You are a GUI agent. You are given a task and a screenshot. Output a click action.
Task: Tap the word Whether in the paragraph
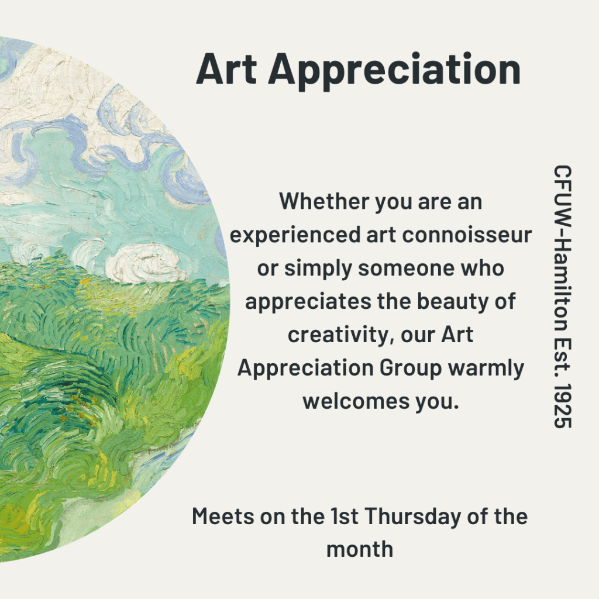[324, 201]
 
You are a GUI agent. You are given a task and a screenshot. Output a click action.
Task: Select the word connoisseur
[467, 234]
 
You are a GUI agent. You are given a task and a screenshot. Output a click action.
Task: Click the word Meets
[223, 517]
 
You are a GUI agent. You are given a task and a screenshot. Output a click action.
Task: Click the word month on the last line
[360, 550]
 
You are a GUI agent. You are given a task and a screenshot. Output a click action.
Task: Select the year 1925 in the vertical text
[562, 405]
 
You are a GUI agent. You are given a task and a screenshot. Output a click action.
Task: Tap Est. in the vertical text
[562, 353]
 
